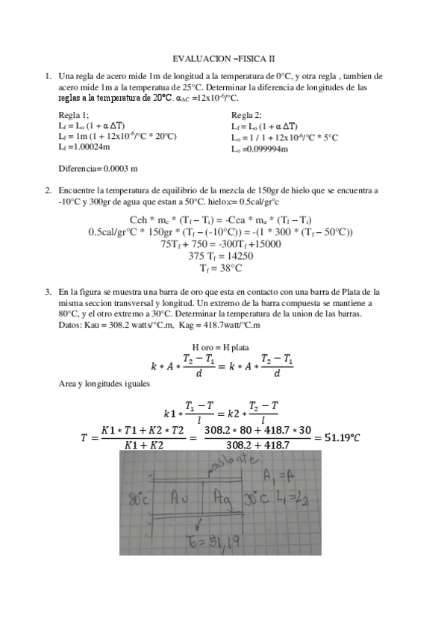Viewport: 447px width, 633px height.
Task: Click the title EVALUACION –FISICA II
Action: (223, 57)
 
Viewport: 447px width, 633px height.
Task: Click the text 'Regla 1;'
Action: (73, 115)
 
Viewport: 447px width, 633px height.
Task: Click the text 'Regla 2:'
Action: (246, 115)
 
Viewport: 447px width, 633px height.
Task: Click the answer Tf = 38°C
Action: (221, 268)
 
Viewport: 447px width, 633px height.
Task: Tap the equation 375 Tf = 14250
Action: (221, 256)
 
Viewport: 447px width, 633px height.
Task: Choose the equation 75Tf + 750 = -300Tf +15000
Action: (221, 244)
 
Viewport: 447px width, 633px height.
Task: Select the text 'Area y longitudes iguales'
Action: (104, 383)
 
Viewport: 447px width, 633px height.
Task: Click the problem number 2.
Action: (48, 190)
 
